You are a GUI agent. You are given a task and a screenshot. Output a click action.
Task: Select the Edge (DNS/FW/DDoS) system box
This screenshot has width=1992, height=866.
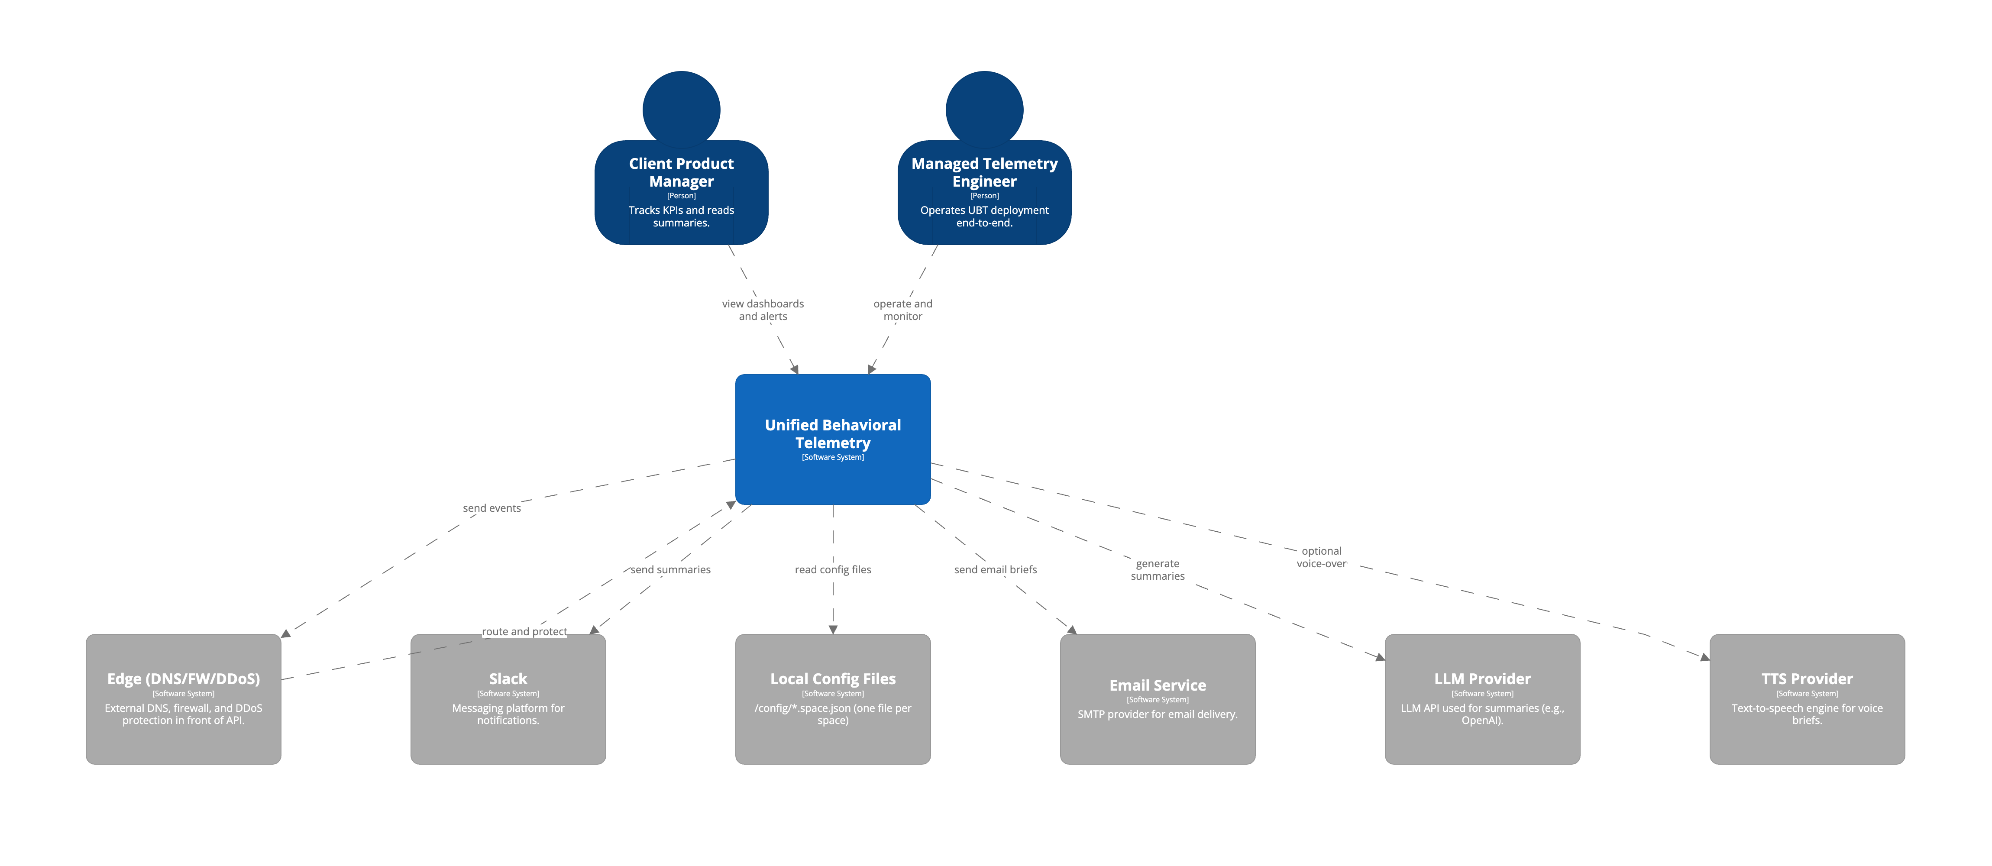click(x=183, y=699)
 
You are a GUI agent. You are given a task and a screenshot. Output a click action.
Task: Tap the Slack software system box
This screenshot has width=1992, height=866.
click(x=508, y=699)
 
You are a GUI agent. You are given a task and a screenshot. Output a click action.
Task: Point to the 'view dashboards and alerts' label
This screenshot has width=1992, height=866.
click(x=763, y=310)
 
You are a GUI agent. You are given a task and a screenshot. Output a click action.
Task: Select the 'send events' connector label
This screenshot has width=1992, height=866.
click(x=492, y=508)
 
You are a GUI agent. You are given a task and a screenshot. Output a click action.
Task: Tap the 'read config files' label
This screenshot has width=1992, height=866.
click(x=833, y=570)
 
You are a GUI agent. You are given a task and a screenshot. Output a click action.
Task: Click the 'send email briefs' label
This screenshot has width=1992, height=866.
click(x=995, y=570)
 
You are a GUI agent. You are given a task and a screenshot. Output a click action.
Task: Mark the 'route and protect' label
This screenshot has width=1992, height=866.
click(x=524, y=632)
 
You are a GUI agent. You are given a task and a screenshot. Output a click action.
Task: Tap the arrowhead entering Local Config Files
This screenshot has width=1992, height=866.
click(x=833, y=630)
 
